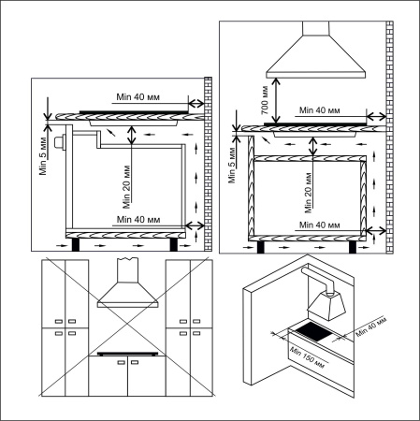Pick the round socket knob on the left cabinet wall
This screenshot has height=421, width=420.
point(60,143)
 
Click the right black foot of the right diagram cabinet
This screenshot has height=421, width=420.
point(352,247)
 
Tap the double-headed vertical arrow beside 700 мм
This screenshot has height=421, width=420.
point(278,99)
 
